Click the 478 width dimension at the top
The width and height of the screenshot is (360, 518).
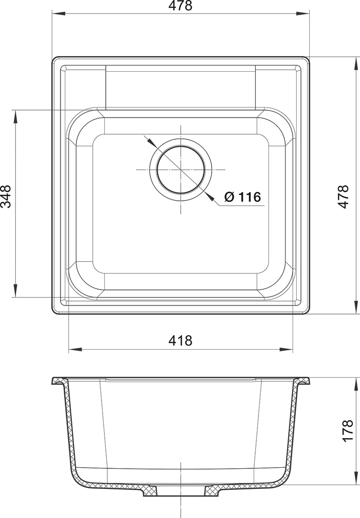(180, 5)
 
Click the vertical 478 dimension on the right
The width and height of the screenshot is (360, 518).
(343, 196)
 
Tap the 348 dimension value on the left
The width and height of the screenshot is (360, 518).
(5, 196)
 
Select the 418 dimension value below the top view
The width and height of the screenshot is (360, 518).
(180, 340)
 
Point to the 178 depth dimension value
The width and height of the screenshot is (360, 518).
(348, 431)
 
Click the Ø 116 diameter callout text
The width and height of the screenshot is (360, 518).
(243, 197)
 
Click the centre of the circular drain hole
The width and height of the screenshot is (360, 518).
(180, 169)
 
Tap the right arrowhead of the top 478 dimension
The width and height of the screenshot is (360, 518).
(303, 13)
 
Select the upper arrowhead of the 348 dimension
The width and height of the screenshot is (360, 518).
(15, 116)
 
